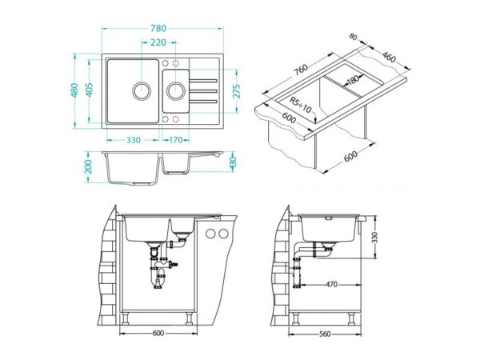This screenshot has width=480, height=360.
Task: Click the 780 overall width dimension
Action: [x=158, y=28]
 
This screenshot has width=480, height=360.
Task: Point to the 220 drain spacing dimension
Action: [x=158, y=42]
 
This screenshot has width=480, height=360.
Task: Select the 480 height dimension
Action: [x=74, y=90]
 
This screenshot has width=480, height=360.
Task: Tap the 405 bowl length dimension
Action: [x=89, y=90]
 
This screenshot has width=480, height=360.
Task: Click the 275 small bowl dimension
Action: [x=237, y=91]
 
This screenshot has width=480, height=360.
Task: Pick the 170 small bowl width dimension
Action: [x=176, y=140]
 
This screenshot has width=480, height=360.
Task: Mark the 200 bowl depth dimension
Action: [x=89, y=167]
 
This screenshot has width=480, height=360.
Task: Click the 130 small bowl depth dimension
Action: [x=233, y=162]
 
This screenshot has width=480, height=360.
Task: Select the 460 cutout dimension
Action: [x=389, y=58]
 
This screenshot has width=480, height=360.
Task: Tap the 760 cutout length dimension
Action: [x=301, y=70]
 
